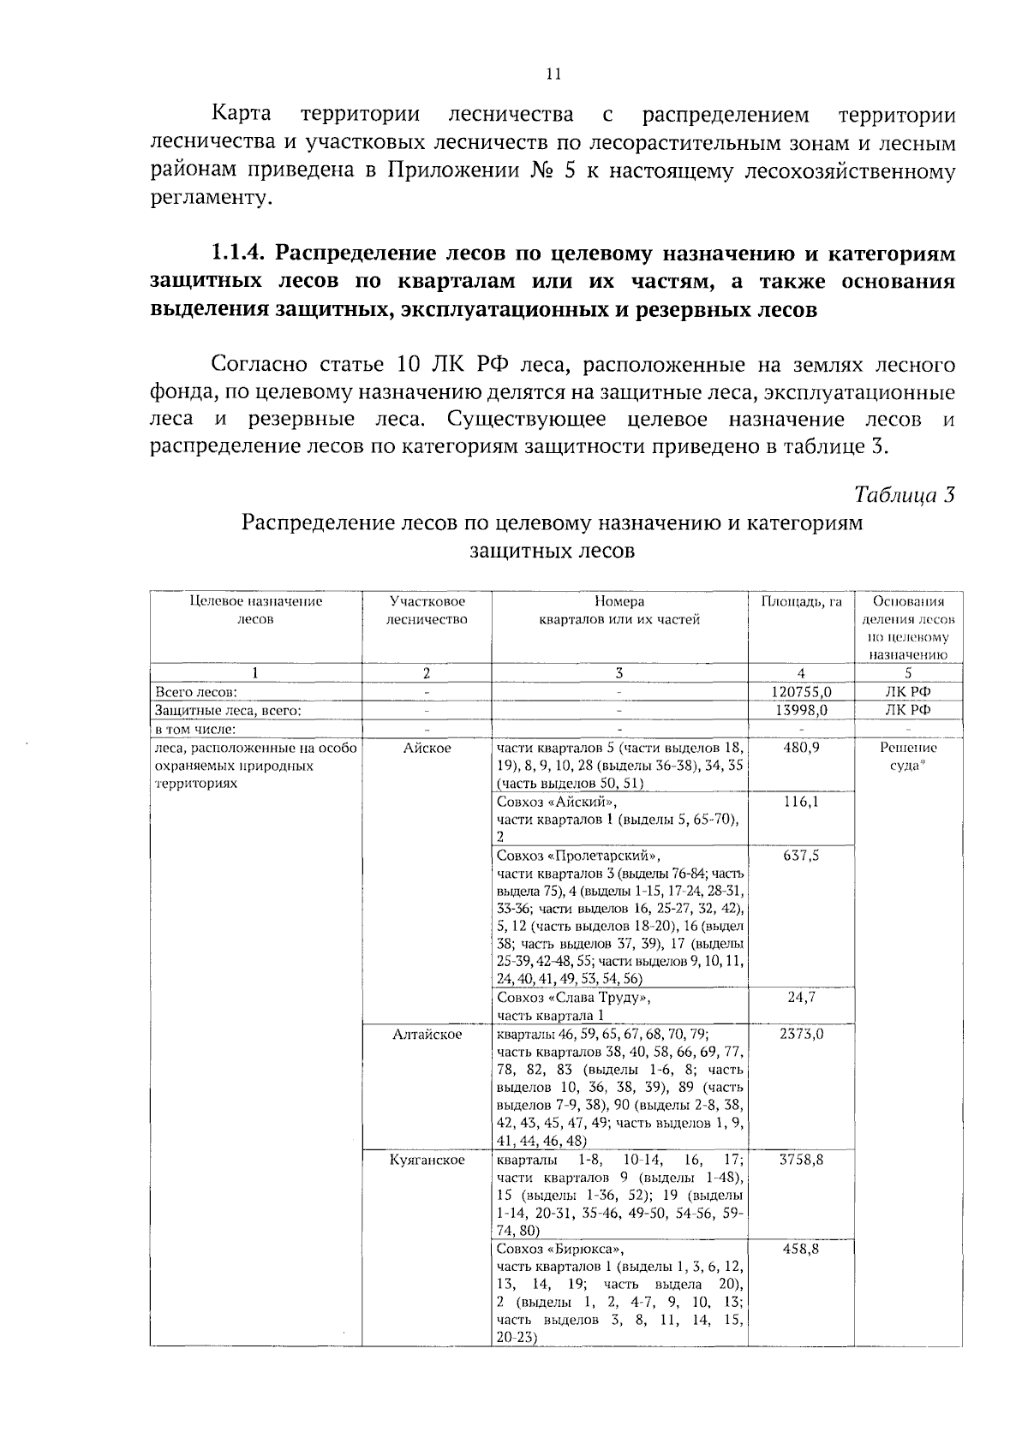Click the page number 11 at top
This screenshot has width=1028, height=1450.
tap(553, 75)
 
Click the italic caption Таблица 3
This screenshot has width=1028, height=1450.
tap(905, 495)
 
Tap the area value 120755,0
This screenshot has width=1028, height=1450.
tap(802, 692)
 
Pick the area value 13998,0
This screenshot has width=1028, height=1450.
tap(802, 710)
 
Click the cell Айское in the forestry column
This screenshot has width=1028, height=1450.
tap(427, 748)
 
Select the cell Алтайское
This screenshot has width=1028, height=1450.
tap(427, 1034)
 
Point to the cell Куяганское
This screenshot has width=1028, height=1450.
tap(427, 1160)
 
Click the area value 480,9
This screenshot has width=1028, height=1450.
tap(802, 748)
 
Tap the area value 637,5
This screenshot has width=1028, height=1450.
tap(802, 855)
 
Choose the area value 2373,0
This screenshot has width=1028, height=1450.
tap(802, 1034)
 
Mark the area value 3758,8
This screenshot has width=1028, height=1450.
tap(802, 1160)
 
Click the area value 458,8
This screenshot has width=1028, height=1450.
tap(802, 1249)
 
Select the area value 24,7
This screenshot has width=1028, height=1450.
tap(802, 998)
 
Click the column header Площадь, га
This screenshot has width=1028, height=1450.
tap(802, 601)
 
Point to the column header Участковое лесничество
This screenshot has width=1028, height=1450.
tap(427, 610)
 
